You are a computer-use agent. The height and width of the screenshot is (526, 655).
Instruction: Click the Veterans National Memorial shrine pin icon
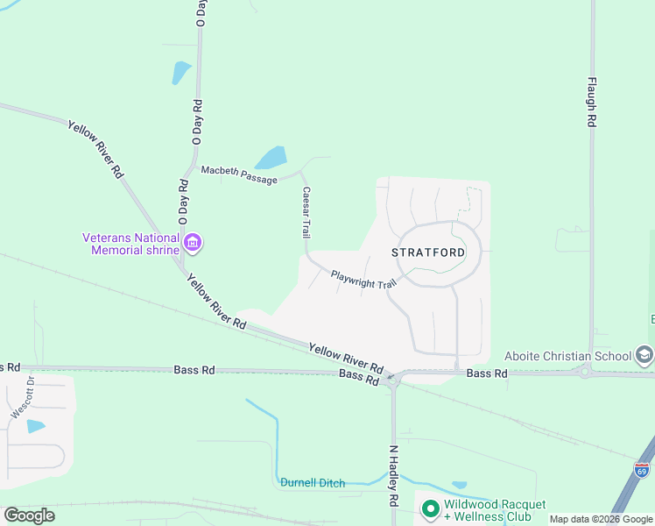point(192,242)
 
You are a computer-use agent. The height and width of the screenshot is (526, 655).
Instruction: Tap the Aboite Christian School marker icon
point(644,355)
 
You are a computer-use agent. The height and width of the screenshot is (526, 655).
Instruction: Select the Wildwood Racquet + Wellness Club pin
point(429,508)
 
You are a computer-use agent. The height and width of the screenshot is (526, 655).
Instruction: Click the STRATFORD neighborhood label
point(428,252)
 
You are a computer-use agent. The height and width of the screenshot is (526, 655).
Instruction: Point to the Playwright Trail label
point(363,280)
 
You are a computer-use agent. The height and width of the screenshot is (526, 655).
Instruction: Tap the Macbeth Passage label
point(239,174)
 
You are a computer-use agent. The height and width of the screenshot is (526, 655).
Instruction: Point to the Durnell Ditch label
point(313,483)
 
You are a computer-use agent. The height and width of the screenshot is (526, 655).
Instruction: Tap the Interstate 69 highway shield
point(642,471)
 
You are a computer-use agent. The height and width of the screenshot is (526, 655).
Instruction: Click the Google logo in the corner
point(29,515)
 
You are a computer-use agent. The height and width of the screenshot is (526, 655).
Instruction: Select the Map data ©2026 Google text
point(601,519)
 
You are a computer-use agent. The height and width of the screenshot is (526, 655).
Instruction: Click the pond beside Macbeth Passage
point(271,158)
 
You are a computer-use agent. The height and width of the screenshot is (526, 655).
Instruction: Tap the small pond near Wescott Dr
point(36,426)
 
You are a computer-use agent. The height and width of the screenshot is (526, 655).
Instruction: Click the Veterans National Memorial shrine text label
point(130,243)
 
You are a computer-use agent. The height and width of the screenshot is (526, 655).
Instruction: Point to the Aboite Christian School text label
point(567,356)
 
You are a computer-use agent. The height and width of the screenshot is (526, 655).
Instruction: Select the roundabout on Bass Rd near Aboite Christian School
point(585,373)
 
